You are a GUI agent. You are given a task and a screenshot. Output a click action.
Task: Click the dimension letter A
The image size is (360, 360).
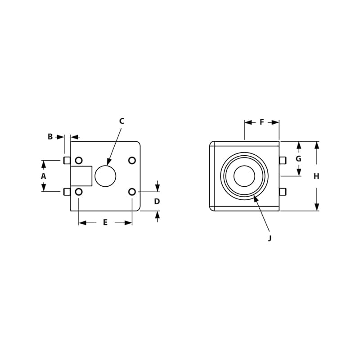coord(44,176)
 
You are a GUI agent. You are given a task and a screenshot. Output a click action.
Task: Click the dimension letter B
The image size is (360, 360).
coord(50,136)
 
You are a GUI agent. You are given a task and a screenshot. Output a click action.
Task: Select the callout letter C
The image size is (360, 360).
coord(121,121)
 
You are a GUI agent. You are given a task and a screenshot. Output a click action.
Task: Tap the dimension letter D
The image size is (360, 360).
coord(157,201)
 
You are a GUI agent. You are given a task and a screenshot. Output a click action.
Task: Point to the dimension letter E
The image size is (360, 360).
coord(105,222)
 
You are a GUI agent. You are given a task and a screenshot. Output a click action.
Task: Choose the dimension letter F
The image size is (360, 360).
coord(262,122)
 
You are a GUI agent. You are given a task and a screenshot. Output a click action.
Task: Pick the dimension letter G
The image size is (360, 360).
coord(298,159)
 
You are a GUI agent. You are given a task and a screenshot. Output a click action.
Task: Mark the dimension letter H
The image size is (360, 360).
coord(316,176)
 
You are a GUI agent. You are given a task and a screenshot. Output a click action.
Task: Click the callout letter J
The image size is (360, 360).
coord(270,238)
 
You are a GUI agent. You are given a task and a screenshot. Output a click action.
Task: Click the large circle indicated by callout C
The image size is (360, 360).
coord(105,176)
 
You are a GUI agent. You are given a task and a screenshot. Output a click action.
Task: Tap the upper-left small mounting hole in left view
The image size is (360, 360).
coord(79,160)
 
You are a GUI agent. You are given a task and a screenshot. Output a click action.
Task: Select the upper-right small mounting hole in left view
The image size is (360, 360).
coord(132,160)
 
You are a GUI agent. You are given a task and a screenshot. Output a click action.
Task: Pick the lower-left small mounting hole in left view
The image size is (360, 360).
coord(79,192)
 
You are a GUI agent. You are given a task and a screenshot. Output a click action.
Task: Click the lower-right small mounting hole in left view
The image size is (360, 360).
coord(132,192)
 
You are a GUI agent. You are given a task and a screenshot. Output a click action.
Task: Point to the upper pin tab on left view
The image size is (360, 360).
coord(67,161)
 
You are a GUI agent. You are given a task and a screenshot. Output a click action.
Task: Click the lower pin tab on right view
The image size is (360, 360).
coord(283,192)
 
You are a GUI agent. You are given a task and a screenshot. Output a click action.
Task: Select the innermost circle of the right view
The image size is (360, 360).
coord(244,176)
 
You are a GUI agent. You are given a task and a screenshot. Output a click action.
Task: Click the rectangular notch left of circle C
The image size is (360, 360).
coord(81,176)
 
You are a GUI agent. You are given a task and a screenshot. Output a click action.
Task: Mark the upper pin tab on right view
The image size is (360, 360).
coord(283,160)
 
